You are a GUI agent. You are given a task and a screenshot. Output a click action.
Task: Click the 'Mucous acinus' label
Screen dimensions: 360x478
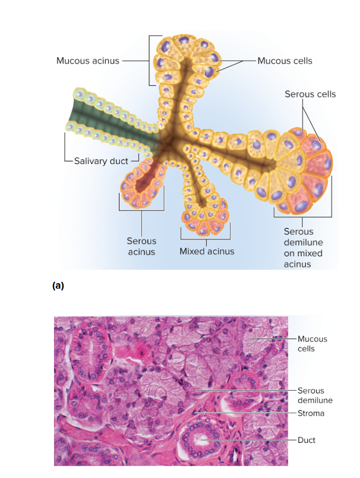tap(88, 60)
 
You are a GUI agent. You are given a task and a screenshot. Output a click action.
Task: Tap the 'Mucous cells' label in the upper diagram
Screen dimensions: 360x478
tap(284, 61)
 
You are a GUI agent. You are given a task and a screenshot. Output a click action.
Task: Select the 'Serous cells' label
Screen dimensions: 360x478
tap(310, 94)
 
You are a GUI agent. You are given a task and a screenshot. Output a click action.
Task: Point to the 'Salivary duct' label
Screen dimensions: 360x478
tap(101, 161)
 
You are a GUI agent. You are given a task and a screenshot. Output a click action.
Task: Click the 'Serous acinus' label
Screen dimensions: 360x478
tap(141, 247)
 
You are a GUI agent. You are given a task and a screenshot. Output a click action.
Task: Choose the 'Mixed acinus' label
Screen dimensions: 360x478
tap(207, 251)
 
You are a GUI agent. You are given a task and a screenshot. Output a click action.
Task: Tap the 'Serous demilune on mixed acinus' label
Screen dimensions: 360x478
tap(303, 248)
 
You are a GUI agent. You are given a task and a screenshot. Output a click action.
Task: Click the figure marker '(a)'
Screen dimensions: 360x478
tap(58, 285)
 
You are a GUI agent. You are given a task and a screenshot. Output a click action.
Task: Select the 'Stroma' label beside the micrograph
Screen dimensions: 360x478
tap(311, 413)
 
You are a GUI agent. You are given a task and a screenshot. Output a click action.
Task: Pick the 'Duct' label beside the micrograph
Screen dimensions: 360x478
tap(307, 440)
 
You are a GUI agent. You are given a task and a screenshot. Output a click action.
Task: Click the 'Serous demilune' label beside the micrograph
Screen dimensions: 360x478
tap(315, 395)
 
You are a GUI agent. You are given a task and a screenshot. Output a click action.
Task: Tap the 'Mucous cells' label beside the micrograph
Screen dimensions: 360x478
tap(313, 344)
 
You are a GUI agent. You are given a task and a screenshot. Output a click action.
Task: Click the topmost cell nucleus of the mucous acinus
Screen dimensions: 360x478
tap(184, 40)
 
